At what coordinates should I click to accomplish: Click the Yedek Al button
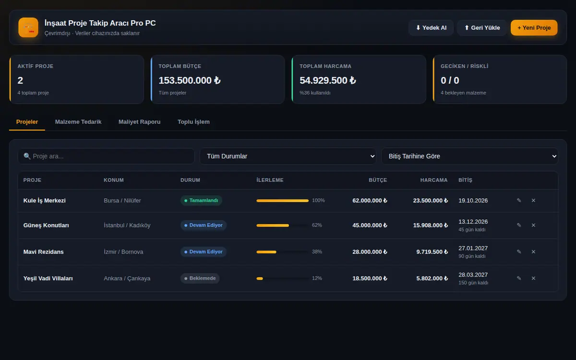(431, 27)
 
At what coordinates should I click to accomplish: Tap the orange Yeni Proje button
(534, 27)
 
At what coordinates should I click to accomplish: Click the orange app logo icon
(28, 27)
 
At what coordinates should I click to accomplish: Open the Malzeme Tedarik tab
(78, 122)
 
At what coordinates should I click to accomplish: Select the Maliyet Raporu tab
(139, 122)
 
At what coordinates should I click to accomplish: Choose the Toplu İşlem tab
(193, 122)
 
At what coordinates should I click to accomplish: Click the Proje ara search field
(106, 156)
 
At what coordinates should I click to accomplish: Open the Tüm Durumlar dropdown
(288, 156)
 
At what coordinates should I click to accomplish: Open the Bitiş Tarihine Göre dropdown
(469, 156)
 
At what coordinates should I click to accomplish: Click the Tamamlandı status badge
(201, 200)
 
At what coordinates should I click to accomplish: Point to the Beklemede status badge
(200, 278)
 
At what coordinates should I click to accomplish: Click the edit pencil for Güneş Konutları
(519, 225)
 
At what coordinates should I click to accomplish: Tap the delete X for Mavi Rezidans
(533, 252)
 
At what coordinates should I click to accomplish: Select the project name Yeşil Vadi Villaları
(48, 278)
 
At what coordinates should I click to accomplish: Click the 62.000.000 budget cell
(370, 201)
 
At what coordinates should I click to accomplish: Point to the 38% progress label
(317, 252)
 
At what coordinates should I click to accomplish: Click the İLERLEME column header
(270, 180)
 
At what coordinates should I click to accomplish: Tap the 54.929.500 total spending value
(327, 81)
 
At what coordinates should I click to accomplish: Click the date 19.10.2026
(473, 201)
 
